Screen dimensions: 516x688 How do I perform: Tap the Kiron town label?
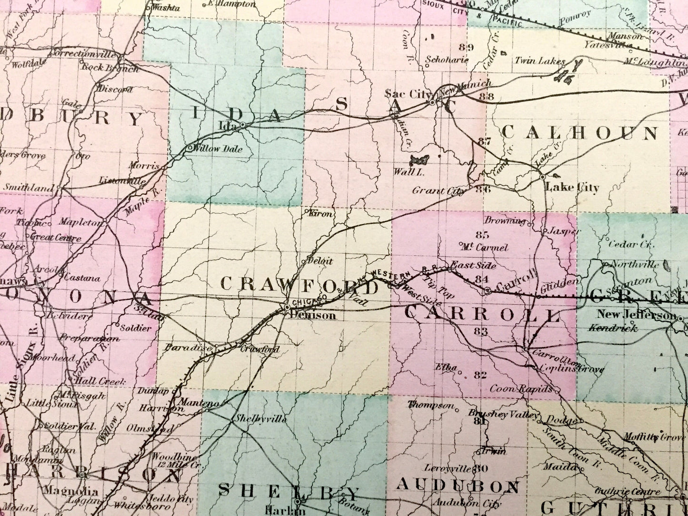pos(321,214)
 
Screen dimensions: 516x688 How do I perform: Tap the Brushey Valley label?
pos(504,413)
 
